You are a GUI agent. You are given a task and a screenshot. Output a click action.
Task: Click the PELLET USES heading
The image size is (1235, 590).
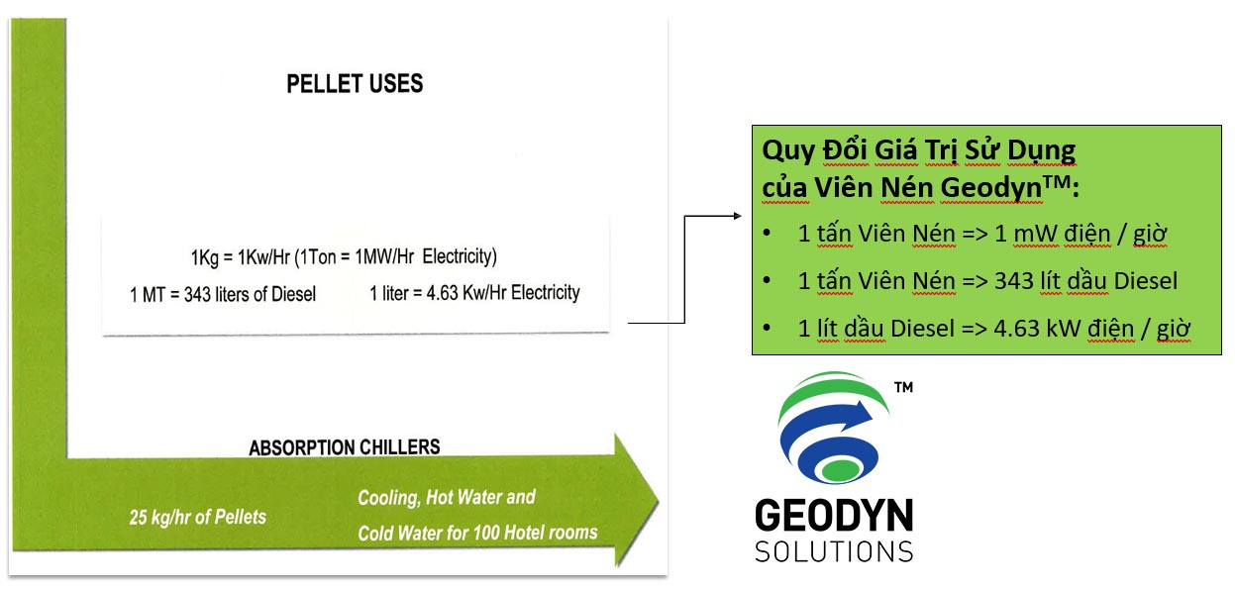click(x=355, y=84)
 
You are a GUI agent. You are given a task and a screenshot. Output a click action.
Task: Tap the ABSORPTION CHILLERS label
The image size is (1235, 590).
click(x=345, y=447)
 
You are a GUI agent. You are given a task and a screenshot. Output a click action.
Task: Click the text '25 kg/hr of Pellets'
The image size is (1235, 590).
click(x=197, y=517)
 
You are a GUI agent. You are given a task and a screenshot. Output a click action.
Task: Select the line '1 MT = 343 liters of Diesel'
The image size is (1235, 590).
click(x=223, y=295)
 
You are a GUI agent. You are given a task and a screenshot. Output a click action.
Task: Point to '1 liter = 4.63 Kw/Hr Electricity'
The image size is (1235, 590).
click(x=474, y=294)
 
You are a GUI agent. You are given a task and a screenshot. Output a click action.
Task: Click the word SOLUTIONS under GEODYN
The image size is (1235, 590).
click(x=833, y=551)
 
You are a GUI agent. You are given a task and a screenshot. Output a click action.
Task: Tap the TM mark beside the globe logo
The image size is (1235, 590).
click(x=902, y=388)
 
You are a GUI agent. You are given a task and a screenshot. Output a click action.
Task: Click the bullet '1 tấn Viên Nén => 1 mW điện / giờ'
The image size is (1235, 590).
click(x=981, y=235)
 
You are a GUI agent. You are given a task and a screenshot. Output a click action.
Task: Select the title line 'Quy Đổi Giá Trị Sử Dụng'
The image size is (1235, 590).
click(x=918, y=150)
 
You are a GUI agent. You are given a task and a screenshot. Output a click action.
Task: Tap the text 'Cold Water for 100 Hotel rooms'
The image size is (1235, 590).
click(x=477, y=533)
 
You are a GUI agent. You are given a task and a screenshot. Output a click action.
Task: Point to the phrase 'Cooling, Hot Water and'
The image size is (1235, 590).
click(x=446, y=498)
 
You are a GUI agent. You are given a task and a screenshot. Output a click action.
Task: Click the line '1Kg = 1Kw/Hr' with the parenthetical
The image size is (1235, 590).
click(x=344, y=257)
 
